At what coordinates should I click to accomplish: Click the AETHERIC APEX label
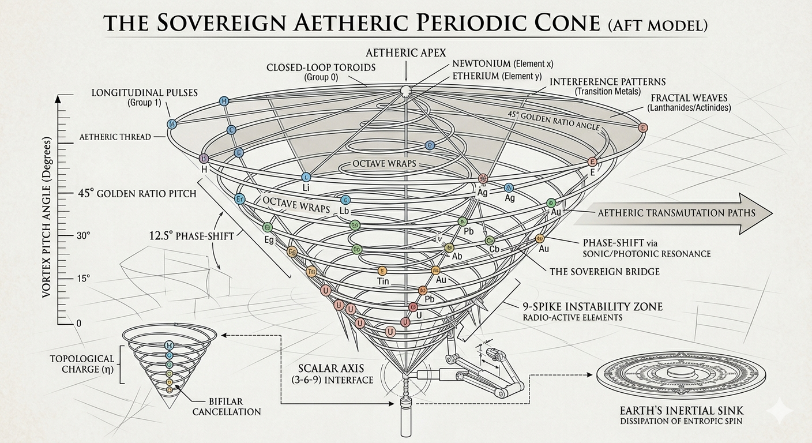406,52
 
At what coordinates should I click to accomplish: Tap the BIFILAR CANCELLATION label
226,406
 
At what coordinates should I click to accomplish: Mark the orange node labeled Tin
381,271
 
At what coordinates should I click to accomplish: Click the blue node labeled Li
306,177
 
